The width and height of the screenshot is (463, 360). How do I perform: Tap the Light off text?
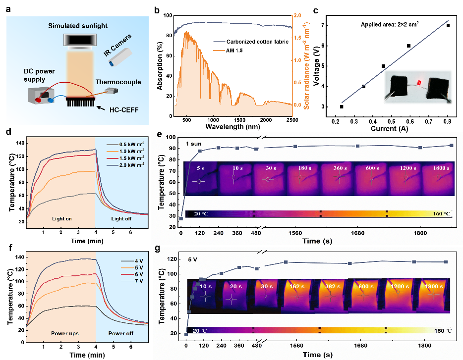pyautogui.click(x=122, y=218)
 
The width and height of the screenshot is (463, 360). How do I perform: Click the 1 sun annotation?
pyautogui.click(x=194, y=144)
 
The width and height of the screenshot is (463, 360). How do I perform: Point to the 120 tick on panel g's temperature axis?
pyautogui.click(x=174, y=259)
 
